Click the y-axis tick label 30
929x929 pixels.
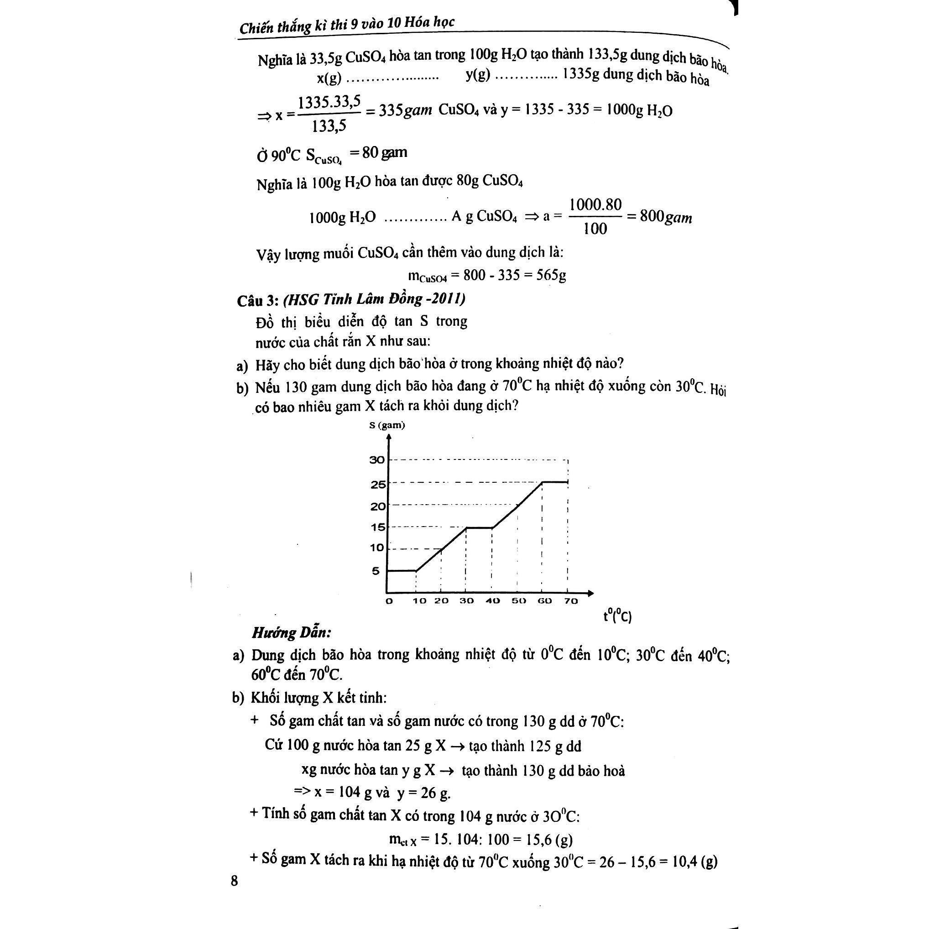click(x=377, y=459)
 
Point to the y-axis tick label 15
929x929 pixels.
click(x=378, y=527)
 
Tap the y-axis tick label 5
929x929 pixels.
click(x=376, y=571)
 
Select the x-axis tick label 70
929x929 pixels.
click(x=570, y=601)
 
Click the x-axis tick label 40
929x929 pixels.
click(x=492, y=601)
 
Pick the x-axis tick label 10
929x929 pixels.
click(x=419, y=601)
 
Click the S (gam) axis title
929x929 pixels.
click(x=387, y=425)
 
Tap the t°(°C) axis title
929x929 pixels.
click(x=617, y=616)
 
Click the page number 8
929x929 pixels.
click(x=234, y=881)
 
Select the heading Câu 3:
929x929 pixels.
click(x=257, y=301)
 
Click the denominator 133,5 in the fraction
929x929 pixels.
click(x=329, y=126)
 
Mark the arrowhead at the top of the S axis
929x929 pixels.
click(x=388, y=437)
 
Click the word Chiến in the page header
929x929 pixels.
click(x=258, y=27)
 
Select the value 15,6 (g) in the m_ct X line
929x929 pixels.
click(x=549, y=840)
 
